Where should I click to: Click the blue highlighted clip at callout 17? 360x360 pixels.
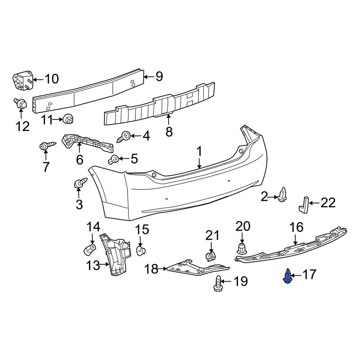point(288,276)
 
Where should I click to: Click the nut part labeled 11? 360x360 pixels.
point(67,118)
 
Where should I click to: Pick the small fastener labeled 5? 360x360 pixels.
point(114,159)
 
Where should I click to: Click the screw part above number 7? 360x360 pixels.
point(46,146)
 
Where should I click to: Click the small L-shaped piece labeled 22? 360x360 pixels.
point(303,204)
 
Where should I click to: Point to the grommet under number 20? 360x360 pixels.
point(242,248)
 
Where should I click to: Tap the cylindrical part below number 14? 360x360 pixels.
point(90,248)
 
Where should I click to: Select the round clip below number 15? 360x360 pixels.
point(141,250)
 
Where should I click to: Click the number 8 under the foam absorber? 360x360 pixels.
point(169,132)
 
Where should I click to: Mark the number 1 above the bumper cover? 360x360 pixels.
point(199,152)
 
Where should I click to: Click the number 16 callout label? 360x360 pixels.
point(297,228)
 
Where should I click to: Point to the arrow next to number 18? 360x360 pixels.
point(163,269)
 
